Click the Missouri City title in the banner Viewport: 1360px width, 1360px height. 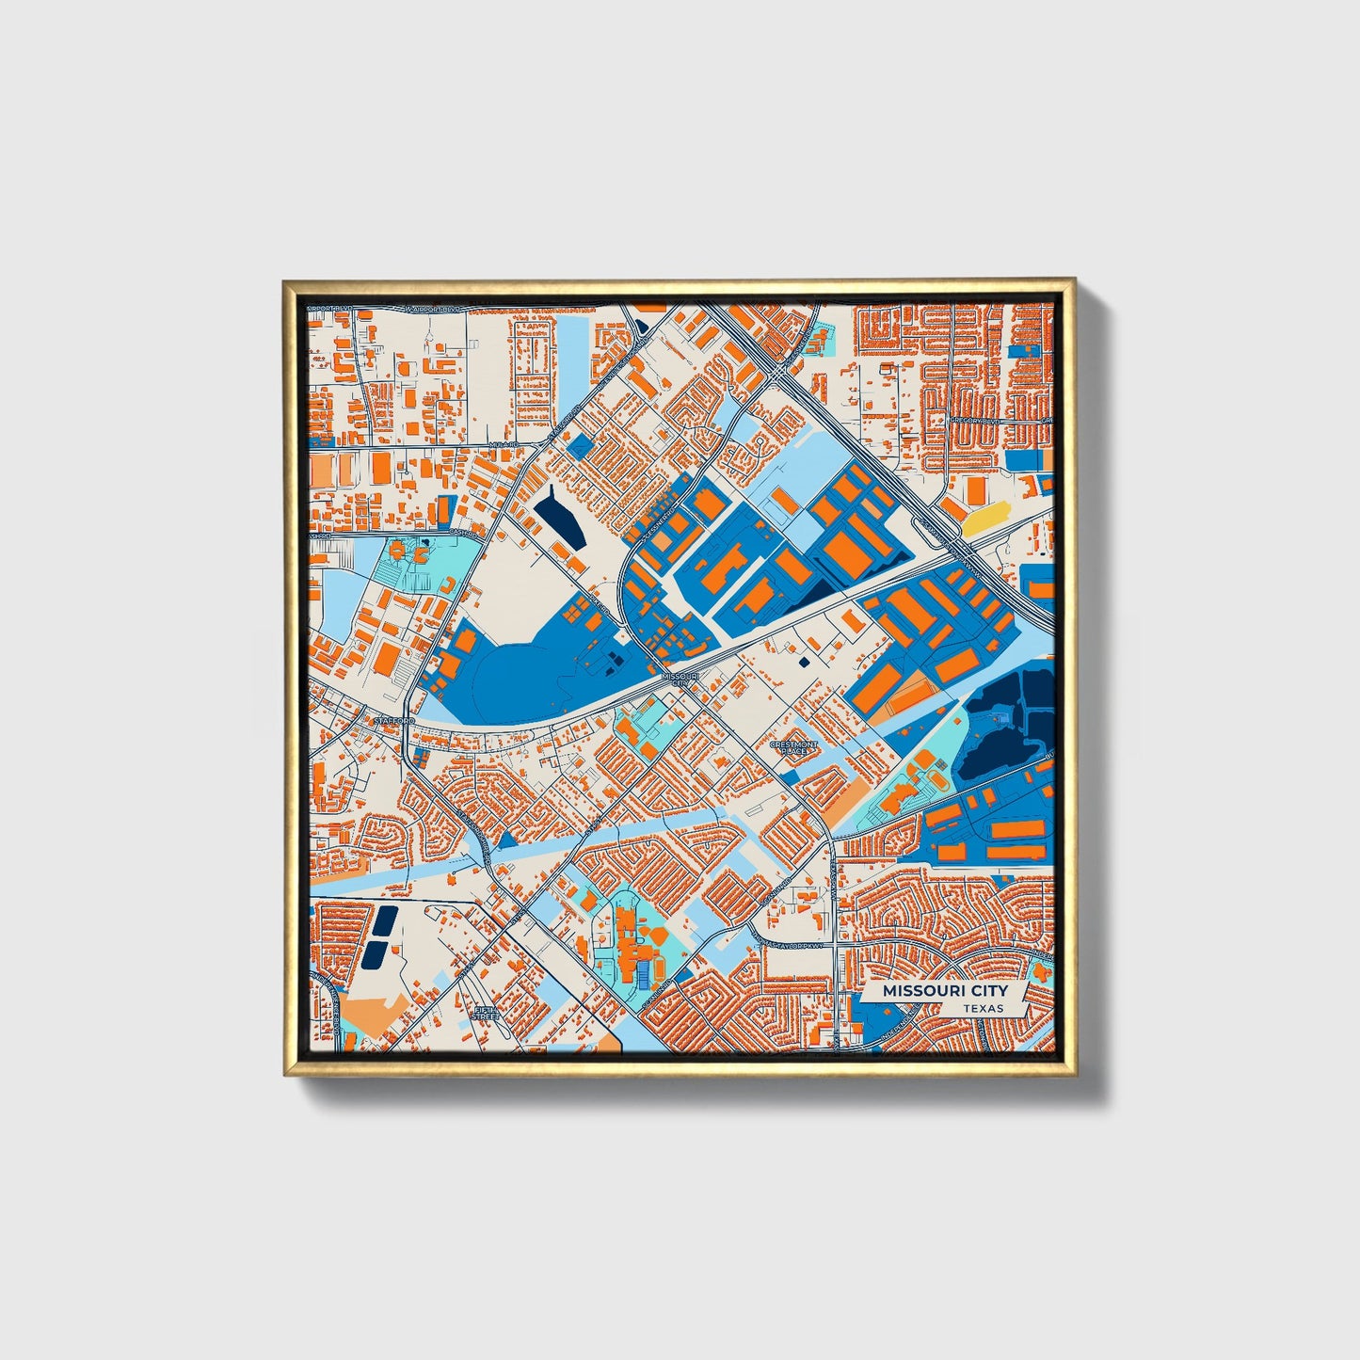coord(944,991)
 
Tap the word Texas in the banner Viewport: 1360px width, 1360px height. coord(983,1008)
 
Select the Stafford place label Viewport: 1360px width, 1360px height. coord(393,721)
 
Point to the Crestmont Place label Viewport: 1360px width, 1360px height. coord(793,747)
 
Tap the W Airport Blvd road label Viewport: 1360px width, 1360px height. coord(432,309)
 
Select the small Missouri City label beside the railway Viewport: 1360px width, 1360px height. coord(680,679)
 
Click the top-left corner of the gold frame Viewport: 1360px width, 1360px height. coord(285,281)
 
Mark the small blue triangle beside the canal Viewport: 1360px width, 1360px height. coord(507,840)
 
